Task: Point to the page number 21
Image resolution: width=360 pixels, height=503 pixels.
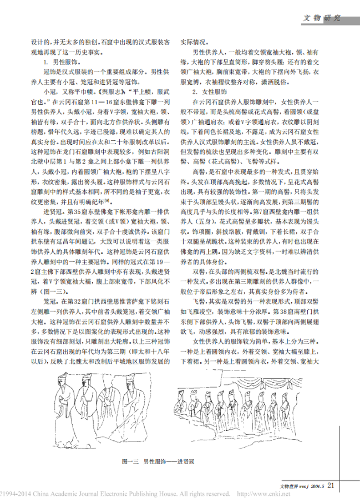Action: pos(331,486)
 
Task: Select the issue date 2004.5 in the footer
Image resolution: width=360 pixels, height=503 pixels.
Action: pos(315,486)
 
